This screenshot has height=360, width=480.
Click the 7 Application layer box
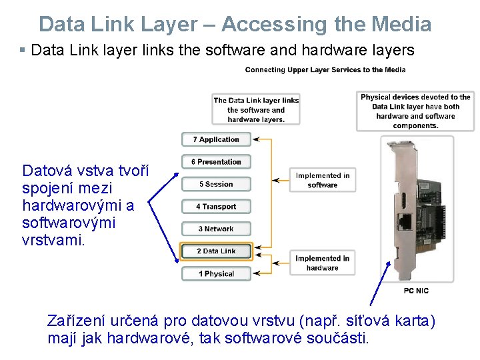coord(216,139)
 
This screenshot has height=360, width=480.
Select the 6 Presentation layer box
coord(216,162)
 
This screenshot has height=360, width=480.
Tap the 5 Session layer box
coord(216,184)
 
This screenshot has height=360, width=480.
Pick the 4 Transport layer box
coord(216,207)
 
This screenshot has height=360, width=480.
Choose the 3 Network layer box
coord(216,229)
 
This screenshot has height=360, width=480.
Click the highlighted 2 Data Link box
coord(216,251)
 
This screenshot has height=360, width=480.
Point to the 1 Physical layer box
coord(216,273)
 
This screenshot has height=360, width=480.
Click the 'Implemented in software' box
coord(323,180)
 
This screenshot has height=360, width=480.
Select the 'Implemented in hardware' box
coord(323,263)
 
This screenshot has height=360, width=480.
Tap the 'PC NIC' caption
coord(416,291)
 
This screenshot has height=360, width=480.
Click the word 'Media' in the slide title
coord(403,25)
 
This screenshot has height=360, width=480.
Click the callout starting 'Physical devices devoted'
coord(415,111)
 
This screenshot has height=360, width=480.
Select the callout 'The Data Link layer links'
coord(256,110)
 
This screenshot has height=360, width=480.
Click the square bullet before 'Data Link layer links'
coord(23,50)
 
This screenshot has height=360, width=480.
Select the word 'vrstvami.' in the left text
coord(54,240)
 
